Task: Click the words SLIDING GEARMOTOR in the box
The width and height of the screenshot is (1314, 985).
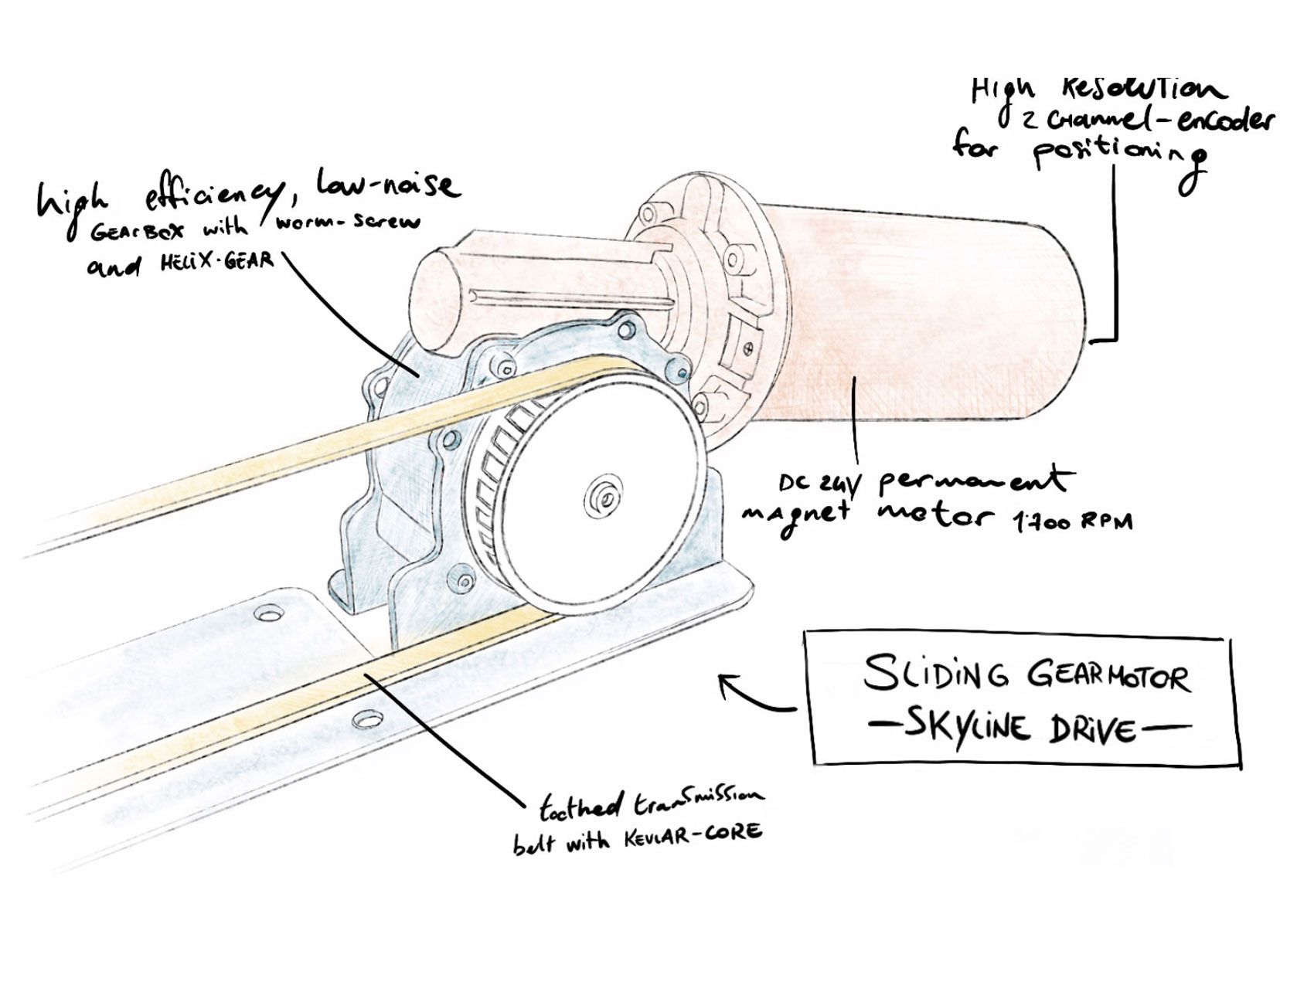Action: (x=1026, y=674)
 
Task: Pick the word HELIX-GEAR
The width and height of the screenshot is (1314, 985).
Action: (x=216, y=260)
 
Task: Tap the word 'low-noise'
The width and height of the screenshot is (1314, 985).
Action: (x=386, y=185)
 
